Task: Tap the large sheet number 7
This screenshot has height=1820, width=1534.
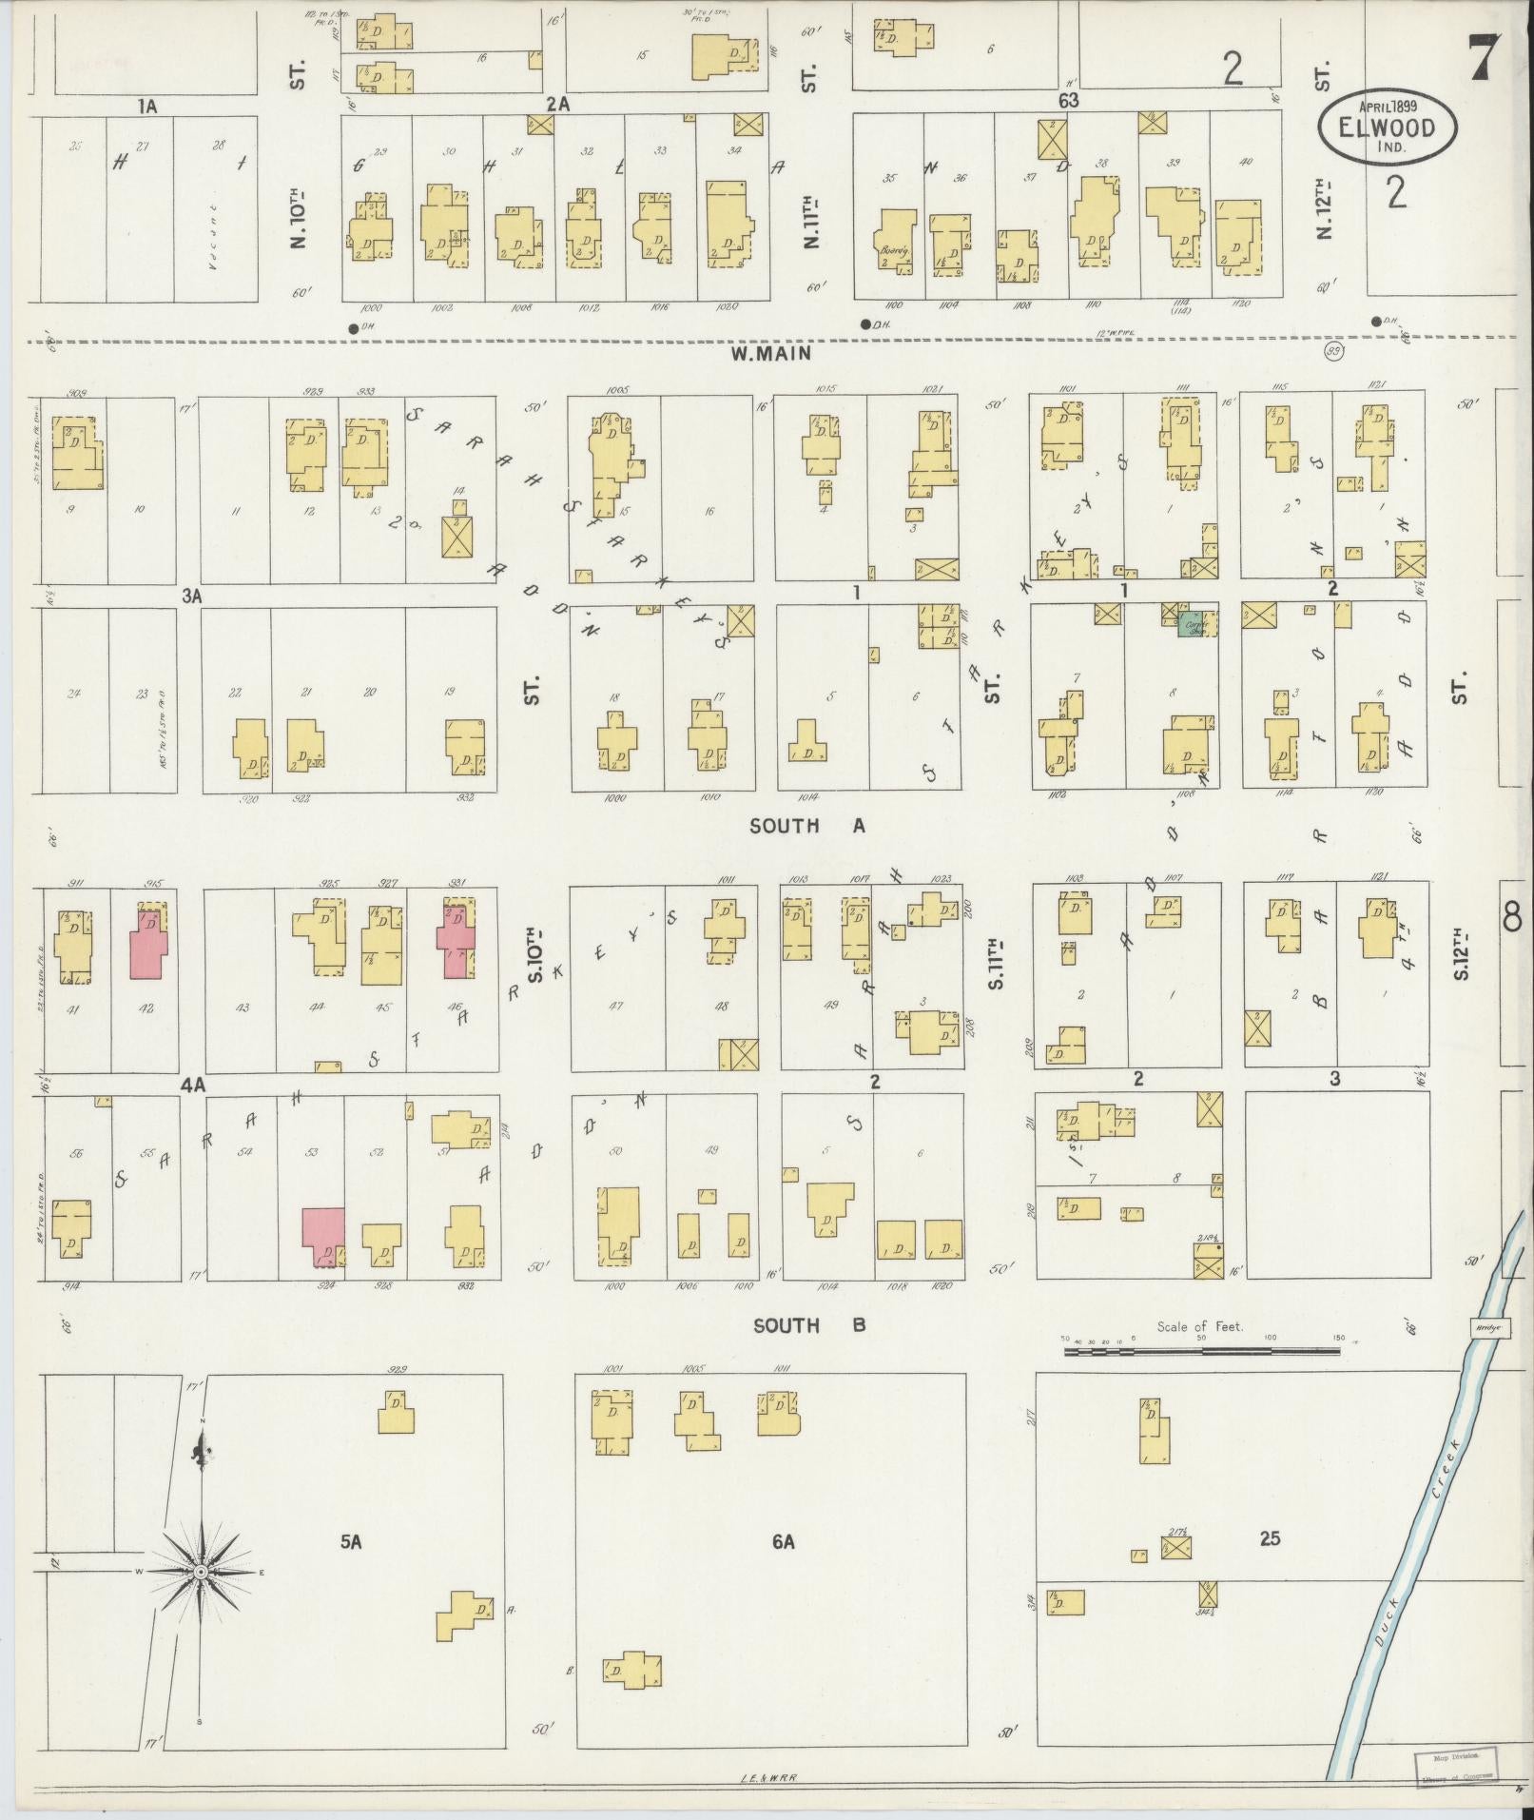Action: pyautogui.click(x=1484, y=59)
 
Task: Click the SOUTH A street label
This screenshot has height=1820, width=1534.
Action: pyautogui.click(x=806, y=826)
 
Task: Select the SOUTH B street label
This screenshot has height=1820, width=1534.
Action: pyautogui.click(x=808, y=1324)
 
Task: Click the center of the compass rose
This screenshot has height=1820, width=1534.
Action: pyautogui.click(x=202, y=1574)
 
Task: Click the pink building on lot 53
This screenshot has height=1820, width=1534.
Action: pyautogui.click(x=323, y=1237)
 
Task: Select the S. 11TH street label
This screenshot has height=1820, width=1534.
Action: pyautogui.click(x=996, y=963)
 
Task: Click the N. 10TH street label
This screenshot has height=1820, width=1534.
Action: pyautogui.click(x=299, y=221)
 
